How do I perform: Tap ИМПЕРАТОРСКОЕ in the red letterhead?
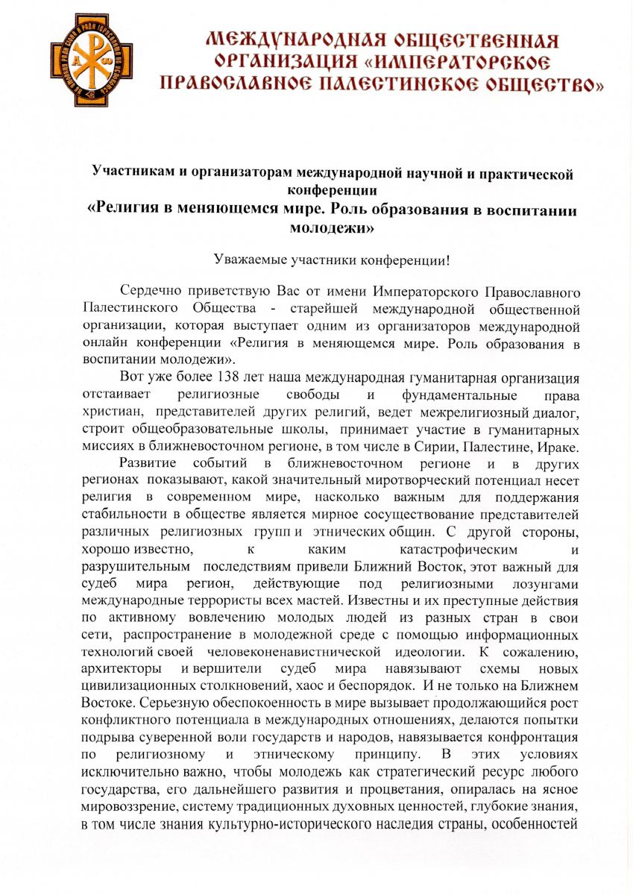pyautogui.click(x=463, y=60)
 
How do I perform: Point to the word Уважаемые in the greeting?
pyautogui.click(x=253, y=260)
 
